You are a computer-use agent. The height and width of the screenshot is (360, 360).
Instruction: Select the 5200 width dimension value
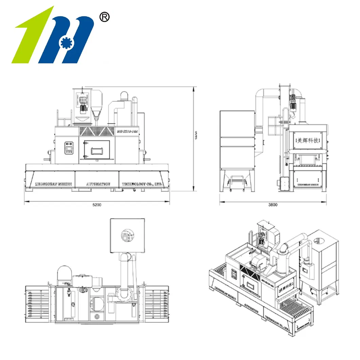tap(97, 205)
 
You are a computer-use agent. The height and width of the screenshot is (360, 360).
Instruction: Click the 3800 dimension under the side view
tap(273, 205)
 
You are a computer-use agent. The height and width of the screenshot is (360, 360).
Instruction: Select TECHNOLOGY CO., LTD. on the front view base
tap(143, 184)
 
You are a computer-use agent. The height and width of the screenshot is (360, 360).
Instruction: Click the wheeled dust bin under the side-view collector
tap(237, 182)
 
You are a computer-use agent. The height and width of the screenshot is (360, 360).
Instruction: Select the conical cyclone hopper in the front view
tap(97, 105)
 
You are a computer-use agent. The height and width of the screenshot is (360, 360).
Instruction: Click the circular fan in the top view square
tap(127, 235)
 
